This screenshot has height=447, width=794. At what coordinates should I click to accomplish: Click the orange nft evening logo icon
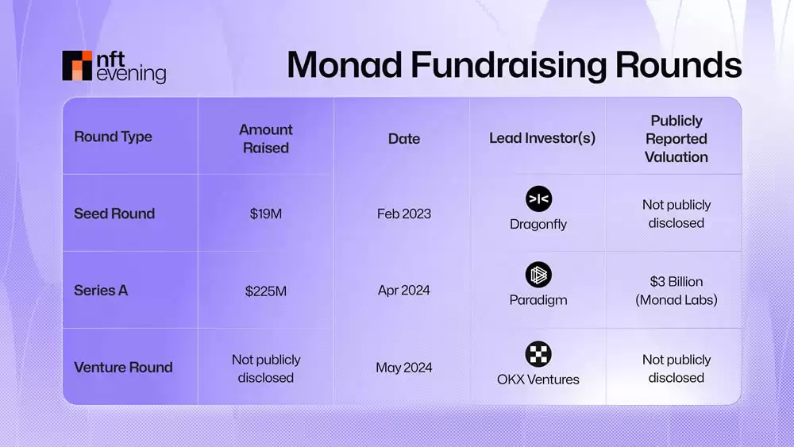point(77,66)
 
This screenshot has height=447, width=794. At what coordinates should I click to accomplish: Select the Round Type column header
point(113,137)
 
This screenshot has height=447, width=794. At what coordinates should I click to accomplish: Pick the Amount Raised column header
point(265,138)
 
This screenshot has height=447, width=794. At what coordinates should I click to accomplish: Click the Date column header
point(403,138)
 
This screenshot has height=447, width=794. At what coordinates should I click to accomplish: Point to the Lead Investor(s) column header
point(542,138)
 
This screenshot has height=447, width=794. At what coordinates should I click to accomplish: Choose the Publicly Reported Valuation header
point(676,138)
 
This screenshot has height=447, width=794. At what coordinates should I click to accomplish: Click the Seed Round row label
point(114,214)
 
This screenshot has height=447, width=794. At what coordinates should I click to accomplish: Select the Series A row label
point(101,291)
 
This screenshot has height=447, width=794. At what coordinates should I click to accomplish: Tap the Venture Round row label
point(123,368)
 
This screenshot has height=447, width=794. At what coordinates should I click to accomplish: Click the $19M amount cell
point(265,214)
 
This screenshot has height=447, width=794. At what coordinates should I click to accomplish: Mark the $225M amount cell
point(265,291)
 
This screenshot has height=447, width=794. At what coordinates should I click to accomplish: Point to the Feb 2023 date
point(403,214)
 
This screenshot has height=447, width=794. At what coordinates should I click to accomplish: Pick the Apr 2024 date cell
point(403,291)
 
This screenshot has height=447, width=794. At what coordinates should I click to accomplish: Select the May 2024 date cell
point(403,368)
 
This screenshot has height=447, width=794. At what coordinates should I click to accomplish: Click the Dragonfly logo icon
point(538,198)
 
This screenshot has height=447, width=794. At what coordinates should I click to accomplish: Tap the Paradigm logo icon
point(538,276)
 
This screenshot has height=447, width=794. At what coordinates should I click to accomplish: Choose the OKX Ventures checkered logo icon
point(538,353)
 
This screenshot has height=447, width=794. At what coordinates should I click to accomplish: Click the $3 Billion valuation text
point(676,282)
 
